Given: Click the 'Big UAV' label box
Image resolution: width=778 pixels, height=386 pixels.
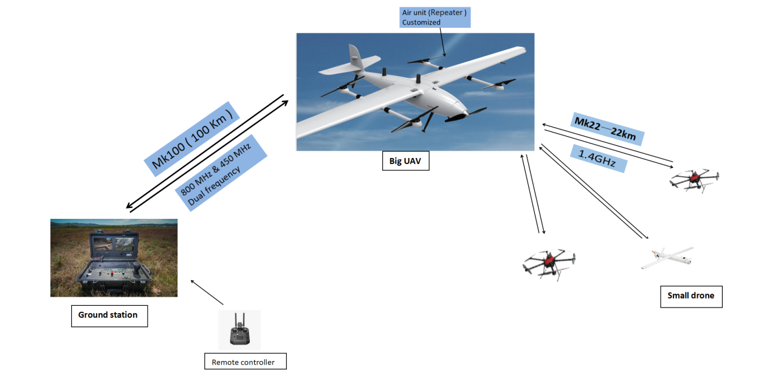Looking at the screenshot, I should point(405,161).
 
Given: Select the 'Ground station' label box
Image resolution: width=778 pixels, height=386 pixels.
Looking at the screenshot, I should point(109,315).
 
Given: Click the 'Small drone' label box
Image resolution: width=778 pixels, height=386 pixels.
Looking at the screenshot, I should point(691,296).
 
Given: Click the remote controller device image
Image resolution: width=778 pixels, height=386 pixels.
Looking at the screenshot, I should point(239,331).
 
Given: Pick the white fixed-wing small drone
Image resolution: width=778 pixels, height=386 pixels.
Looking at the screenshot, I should point(667,258).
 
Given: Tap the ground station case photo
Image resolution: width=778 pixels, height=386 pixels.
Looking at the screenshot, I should point(114,258).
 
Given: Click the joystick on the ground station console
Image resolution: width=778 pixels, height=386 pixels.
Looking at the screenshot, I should point(139,269).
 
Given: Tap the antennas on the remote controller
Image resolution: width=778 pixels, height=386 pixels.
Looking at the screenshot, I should point(239,320).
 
